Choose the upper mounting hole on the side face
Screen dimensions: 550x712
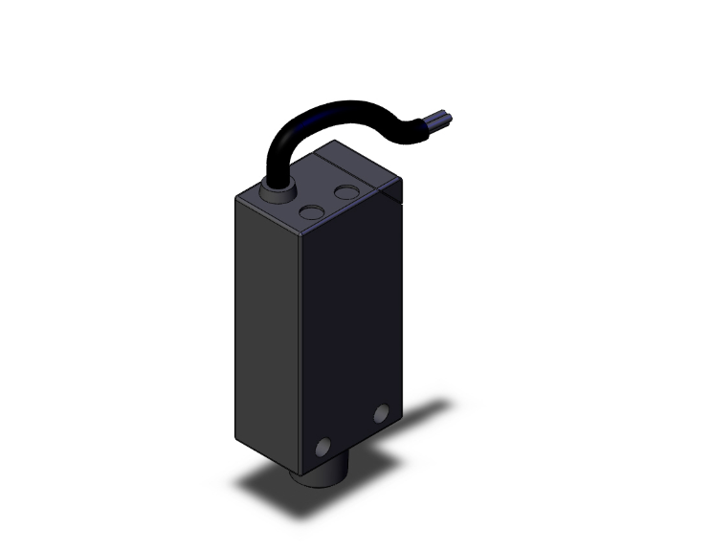pyautogui.click(x=382, y=413)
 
